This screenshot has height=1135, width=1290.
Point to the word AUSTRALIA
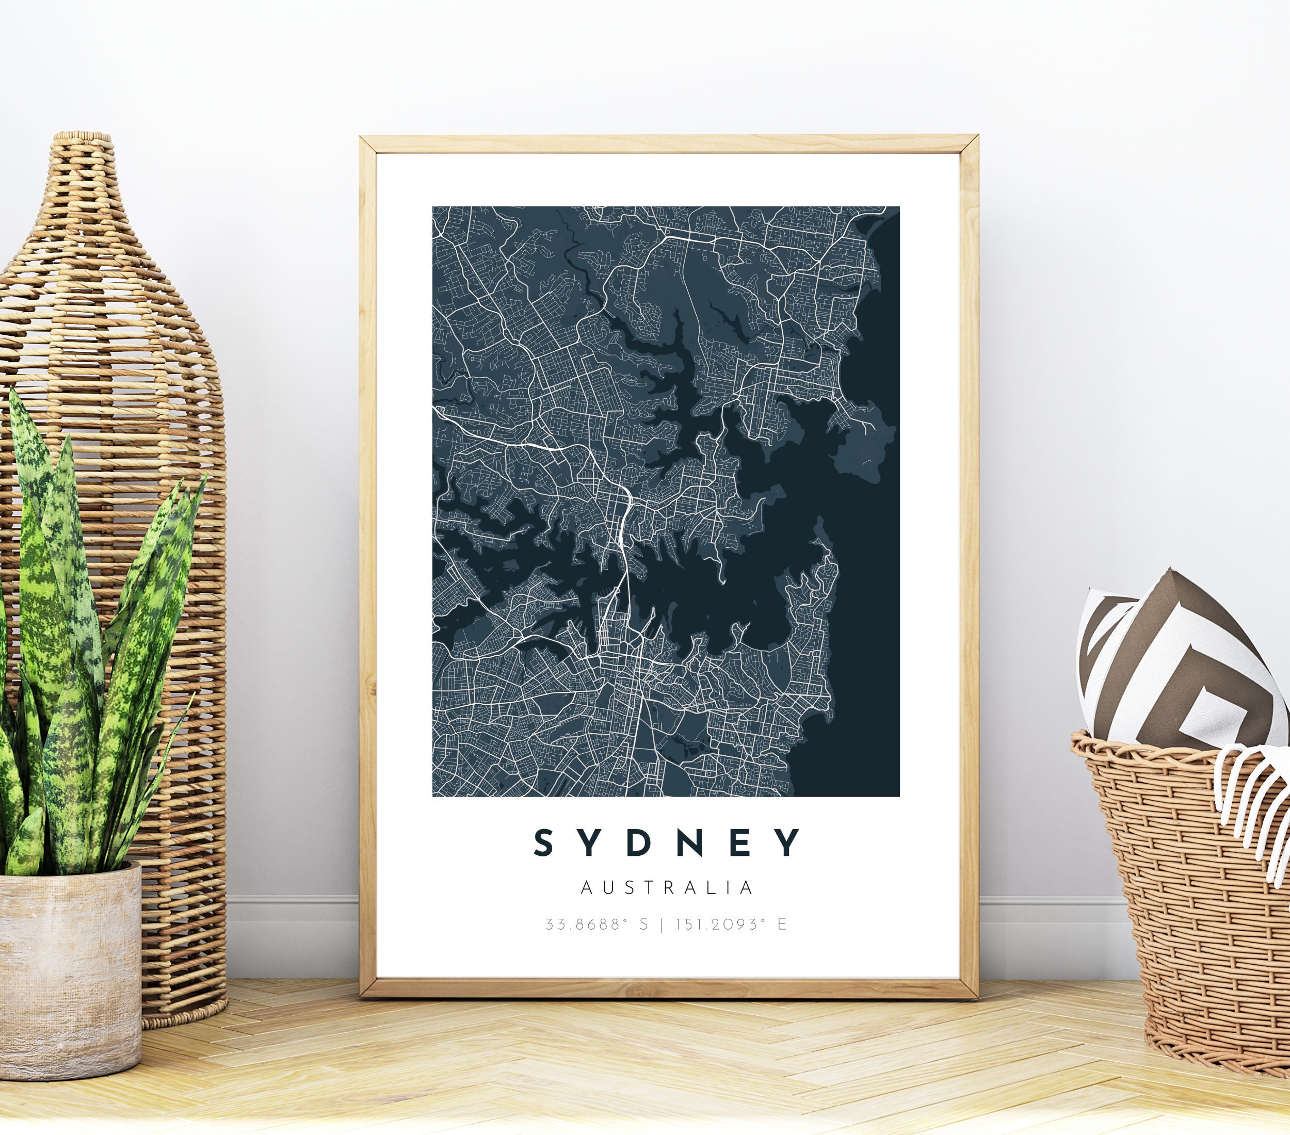667,888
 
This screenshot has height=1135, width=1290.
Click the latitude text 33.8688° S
596,925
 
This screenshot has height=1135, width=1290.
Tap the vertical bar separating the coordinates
662,925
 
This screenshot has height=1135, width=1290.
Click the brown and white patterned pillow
1174,675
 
